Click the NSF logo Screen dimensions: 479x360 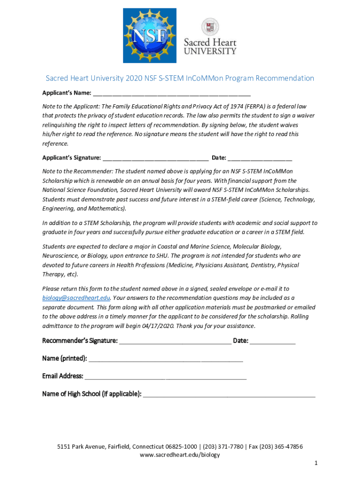click(x=150, y=36)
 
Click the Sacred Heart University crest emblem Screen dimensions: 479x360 click(x=210, y=27)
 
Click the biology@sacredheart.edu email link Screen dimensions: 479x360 click(x=76, y=298)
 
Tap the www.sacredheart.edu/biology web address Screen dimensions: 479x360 click(x=180, y=455)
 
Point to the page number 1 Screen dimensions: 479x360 click(x=316, y=463)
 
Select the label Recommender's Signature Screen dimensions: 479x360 click(x=80, y=341)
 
